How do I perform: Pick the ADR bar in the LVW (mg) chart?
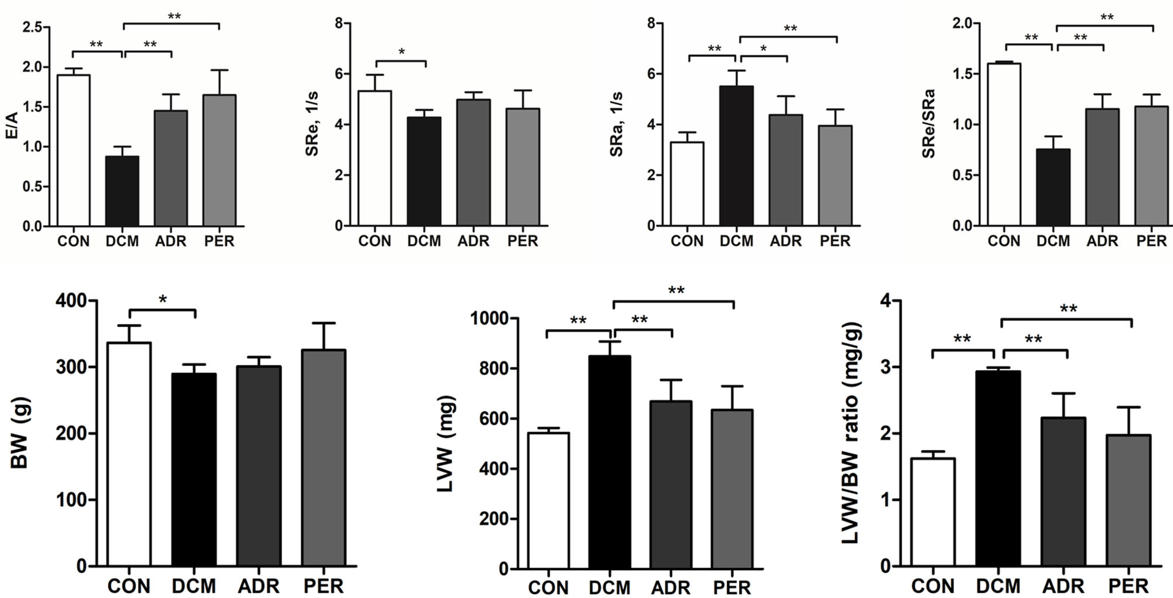point(671,485)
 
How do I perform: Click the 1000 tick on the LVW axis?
point(489,319)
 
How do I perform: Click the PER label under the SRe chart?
point(522,241)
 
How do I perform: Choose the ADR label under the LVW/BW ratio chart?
point(1063,586)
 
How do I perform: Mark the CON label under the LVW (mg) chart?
point(548,587)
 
